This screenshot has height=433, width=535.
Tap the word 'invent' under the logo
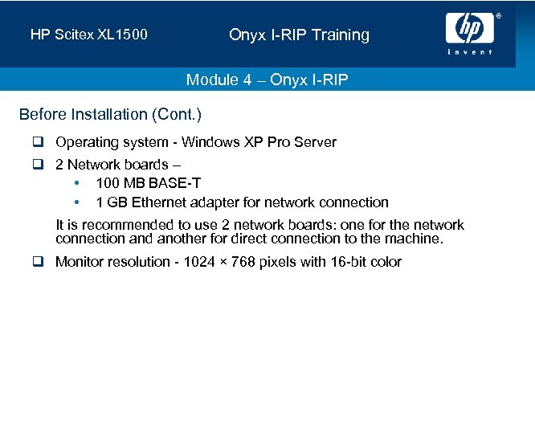click(x=470, y=52)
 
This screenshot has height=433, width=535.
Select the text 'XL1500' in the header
click(x=125, y=35)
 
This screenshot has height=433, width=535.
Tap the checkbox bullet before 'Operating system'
click(x=37, y=143)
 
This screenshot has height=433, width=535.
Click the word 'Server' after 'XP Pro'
click(x=315, y=143)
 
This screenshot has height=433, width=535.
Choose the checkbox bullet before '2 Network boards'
click(x=37, y=165)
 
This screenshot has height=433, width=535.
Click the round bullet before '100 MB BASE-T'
click(x=76, y=184)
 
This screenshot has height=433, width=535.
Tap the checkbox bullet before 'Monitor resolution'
click(x=37, y=263)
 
